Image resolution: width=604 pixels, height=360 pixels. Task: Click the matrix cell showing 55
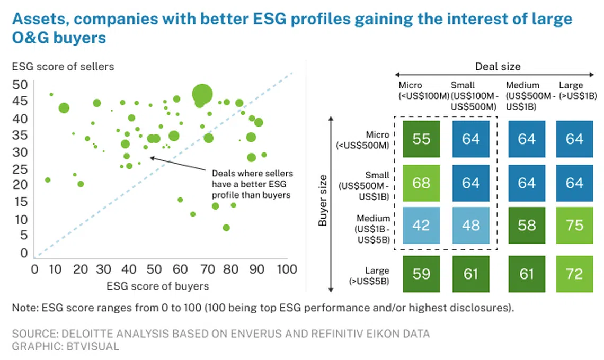point(421,139)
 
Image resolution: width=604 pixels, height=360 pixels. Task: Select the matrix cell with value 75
point(574,226)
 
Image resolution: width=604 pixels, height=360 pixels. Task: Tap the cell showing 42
point(421,226)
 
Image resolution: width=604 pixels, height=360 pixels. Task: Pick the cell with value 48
point(470,226)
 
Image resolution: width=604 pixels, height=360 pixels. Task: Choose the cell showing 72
point(574,274)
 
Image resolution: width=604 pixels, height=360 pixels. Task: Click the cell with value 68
point(421,183)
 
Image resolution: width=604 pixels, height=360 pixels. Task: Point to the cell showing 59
point(421,274)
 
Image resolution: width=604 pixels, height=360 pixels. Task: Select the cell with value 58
point(527,226)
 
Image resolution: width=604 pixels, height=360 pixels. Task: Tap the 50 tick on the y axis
point(20,85)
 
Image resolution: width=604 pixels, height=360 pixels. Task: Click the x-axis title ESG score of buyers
point(158,286)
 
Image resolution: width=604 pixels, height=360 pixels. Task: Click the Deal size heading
point(497,66)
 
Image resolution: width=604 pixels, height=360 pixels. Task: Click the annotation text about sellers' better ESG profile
point(252,184)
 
